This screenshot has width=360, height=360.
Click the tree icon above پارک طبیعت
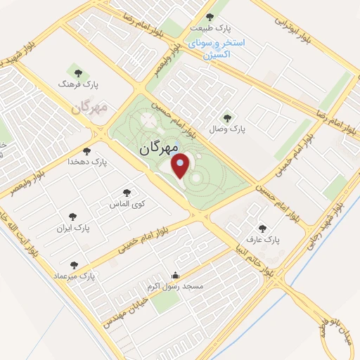(209, 17)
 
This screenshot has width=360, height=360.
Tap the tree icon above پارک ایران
(71, 217)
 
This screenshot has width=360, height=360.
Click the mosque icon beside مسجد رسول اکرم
(175, 275)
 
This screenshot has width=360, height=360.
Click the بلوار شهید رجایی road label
(330, 229)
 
